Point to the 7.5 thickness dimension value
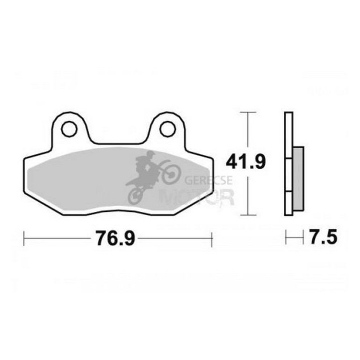pyautogui.click(x=323, y=238)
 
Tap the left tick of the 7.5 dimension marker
pyautogui.click(x=286, y=238)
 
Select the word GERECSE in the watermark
pyautogui.click(x=201, y=179)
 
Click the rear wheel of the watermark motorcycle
pyautogui.click(x=135, y=195)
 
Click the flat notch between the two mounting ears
pyautogui.click(x=118, y=144)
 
